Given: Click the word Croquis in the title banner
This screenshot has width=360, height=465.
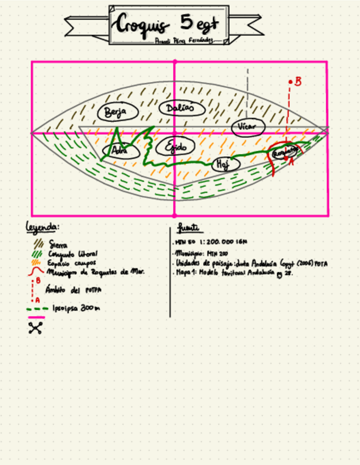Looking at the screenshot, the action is point(142,25).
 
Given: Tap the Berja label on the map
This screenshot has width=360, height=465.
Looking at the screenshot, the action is point(116,112).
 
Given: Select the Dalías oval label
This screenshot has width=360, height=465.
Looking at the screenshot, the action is point(182,109).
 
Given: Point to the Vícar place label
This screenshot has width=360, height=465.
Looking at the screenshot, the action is point(248,127).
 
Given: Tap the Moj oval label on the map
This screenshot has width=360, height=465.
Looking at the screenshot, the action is point(225,164).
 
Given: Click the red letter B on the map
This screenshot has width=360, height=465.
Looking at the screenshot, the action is point(298,81).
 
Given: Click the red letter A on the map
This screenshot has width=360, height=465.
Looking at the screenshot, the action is point(291,162).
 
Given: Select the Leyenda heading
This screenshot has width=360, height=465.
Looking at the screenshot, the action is point(43,226).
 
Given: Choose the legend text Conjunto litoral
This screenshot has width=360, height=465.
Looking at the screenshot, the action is point(73,254).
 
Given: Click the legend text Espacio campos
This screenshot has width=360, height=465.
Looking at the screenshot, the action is point(72,263).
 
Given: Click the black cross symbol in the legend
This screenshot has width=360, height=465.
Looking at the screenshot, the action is point(36,328).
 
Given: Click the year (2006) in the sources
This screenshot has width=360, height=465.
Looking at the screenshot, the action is point(304,263).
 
